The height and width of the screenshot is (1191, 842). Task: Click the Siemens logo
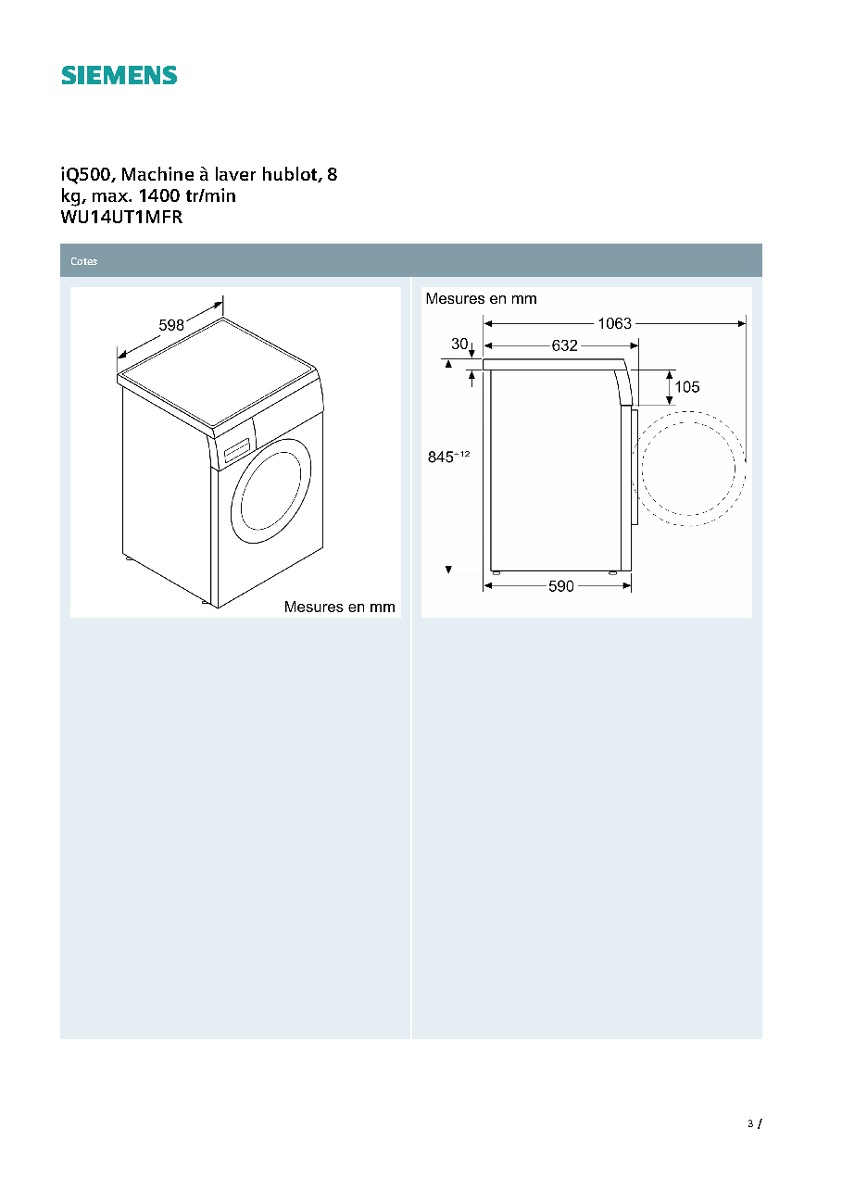click(119, 76)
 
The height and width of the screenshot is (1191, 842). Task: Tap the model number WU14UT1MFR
click(121, 217)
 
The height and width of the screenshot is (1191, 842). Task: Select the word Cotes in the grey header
click(83, 261)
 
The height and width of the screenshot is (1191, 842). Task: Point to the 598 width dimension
click(171, 325)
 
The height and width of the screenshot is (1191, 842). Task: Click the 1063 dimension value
click(614, 323)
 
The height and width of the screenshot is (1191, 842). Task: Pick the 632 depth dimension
click(564, 345)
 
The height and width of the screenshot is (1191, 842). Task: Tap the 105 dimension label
click(687, 387)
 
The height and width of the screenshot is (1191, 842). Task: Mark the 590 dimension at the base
click(561, 586)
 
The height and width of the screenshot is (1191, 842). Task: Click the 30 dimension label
click(459, 344)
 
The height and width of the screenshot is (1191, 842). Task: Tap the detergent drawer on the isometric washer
click(237, 450)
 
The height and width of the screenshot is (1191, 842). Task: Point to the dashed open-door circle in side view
click(688, 412)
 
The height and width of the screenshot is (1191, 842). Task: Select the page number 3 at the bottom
click(750, 1123)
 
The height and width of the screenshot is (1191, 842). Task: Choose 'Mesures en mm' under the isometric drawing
click(339, 607)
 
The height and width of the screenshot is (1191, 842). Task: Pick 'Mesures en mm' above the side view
click(481, 299)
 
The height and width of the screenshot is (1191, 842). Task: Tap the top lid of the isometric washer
click(218, 372)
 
